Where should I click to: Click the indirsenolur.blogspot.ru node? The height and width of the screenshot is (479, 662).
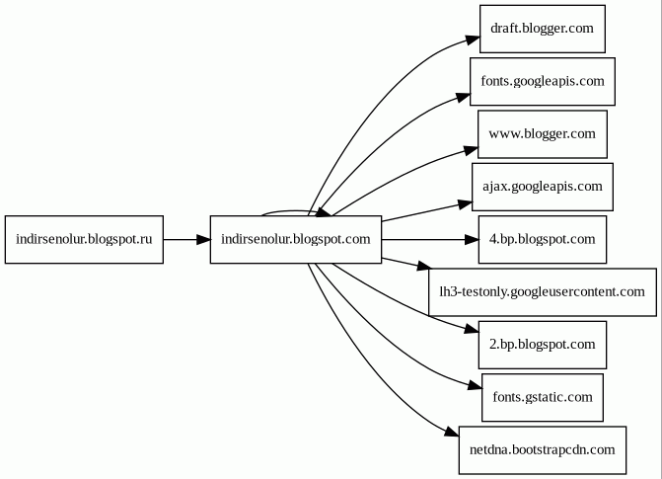(x=84, y=240)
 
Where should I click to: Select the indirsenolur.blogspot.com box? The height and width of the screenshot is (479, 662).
(x=295, y=240)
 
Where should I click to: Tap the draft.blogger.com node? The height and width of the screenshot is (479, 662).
(x=542, y=28)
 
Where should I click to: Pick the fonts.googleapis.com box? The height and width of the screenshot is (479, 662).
(x=542, y=81)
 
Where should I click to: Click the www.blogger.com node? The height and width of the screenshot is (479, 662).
(x=542, y=133)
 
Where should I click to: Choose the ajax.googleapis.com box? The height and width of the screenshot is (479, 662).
(x=542, y=187)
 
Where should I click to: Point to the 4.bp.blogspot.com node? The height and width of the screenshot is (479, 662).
(x=542, y=239)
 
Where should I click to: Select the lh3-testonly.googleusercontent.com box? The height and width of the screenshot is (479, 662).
(x=542, y=291)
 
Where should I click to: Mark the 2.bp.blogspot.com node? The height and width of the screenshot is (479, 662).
(x=542, y=345)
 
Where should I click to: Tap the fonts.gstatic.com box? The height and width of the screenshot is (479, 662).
(x=542, y=397)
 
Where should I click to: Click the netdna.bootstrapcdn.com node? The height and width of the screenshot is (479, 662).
(x=542, y=449)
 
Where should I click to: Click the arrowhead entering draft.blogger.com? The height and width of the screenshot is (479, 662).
(x=472, y=40)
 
